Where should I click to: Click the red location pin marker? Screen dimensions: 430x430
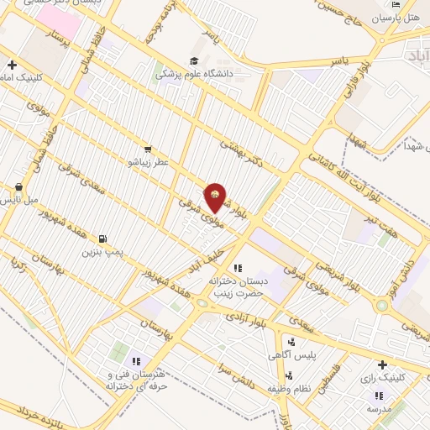(216, 198)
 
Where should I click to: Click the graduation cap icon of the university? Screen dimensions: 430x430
(194, 60)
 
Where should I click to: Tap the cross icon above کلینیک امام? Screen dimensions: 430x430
(12, 65)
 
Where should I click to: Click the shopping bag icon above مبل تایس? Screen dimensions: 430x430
(19, 187)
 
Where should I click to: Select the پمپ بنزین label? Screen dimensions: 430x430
(102, 251)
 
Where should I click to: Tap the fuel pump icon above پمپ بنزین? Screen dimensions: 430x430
(103, 239)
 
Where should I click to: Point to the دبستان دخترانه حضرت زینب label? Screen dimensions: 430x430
(236, 286)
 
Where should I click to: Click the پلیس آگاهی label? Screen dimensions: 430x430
(297, 355)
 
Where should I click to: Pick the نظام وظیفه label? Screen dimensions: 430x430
(289, 389)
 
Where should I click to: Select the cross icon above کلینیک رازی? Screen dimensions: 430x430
(383, 364)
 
